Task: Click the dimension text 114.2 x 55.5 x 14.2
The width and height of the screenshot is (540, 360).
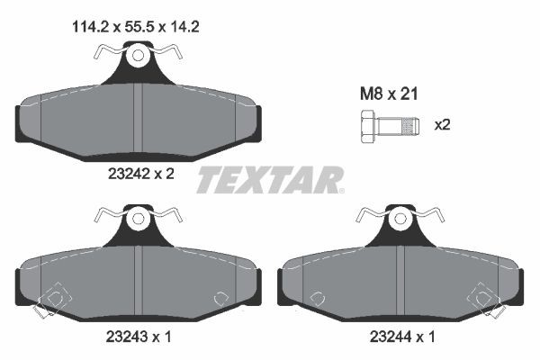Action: (x=135, y=28)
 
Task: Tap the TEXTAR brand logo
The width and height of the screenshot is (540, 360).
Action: (x=270, y=180)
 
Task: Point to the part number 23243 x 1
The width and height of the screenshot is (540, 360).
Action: (x=137, y=337)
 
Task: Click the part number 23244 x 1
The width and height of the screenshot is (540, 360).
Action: (x=400, y=337)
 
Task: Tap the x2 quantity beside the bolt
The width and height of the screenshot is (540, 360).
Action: (x=441, y=125)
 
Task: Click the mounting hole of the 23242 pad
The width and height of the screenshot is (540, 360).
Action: (x=138, y=58)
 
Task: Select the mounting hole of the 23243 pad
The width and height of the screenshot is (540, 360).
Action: (x=138, y=219)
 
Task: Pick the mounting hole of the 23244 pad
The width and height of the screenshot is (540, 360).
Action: (x=400, y=219)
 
